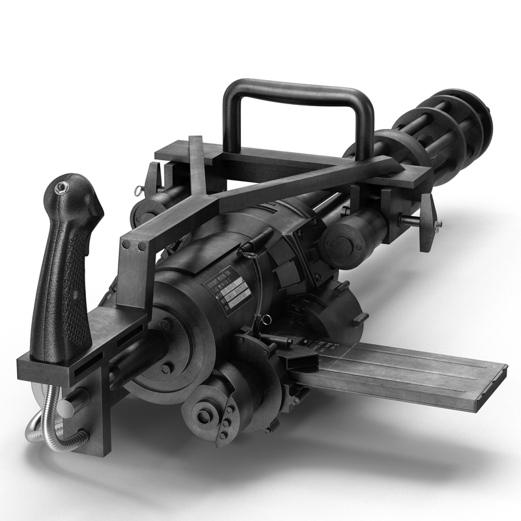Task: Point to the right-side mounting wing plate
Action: pyautogui.click(x=427, y=221)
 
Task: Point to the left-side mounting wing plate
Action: pyautogui.click(x=152, y=179)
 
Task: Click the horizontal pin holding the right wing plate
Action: pyautogui.click(x=410, y=221)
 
